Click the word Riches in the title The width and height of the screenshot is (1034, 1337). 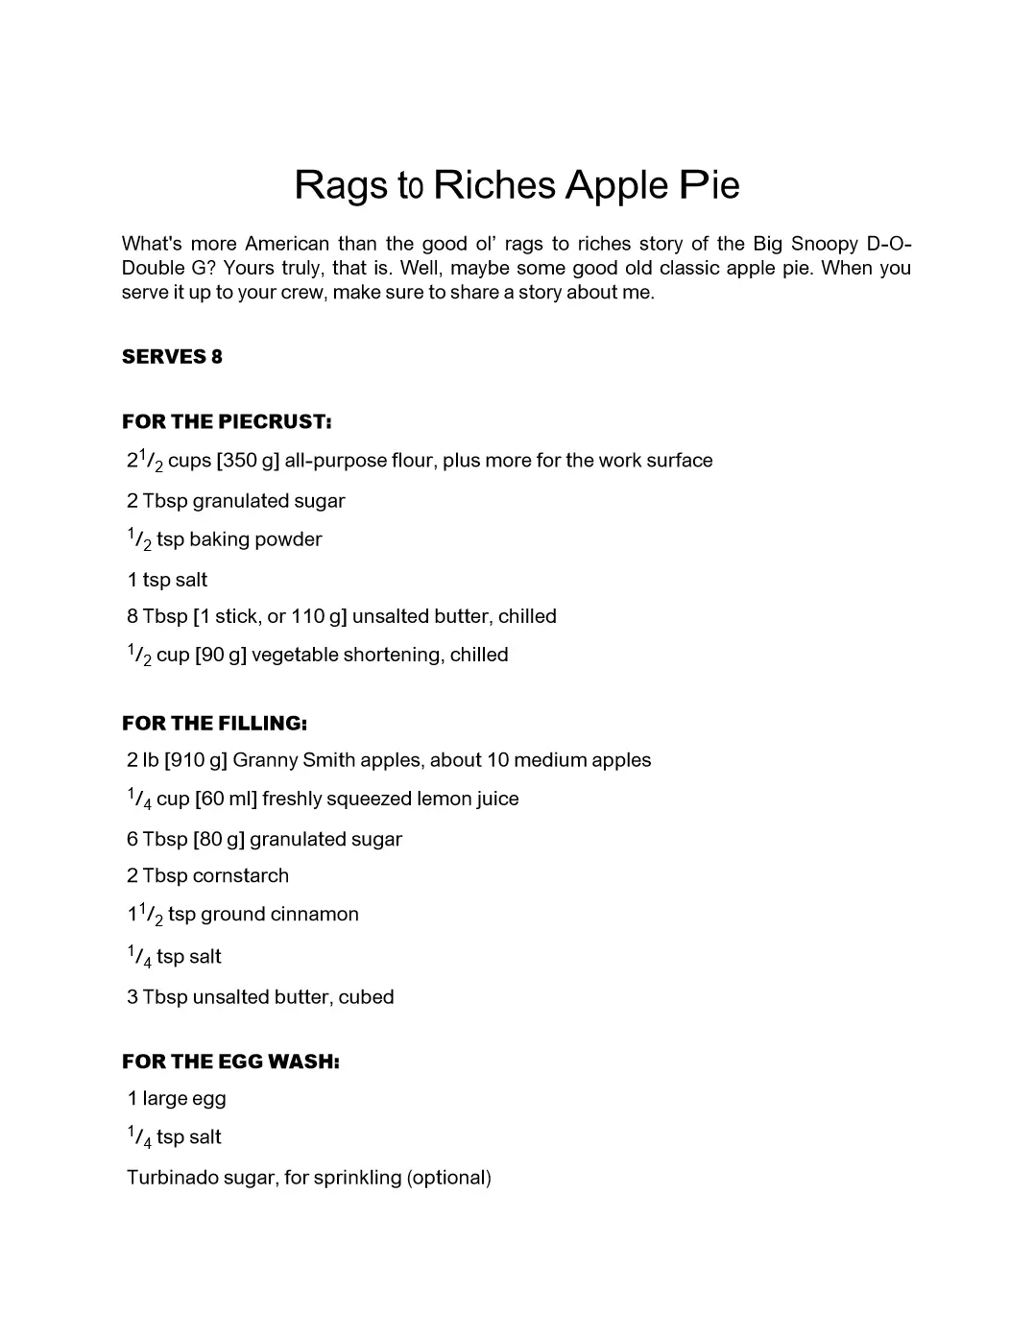click(493, 185)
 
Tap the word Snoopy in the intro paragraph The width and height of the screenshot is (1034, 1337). click(824, 244)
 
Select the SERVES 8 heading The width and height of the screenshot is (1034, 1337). click(172, 357)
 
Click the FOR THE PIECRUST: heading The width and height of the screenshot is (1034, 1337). click(227, 421)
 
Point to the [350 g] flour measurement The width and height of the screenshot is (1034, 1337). click(248, 461)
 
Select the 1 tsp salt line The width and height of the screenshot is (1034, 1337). click(167, 580)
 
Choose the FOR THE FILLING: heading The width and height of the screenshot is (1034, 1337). click(214, 724)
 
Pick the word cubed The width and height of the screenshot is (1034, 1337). click(366, 997)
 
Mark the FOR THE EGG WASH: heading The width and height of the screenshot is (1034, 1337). click(230, 1062)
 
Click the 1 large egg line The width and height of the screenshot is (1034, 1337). click(177, 1099)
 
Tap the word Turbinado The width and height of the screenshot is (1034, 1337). click(173, 1178)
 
